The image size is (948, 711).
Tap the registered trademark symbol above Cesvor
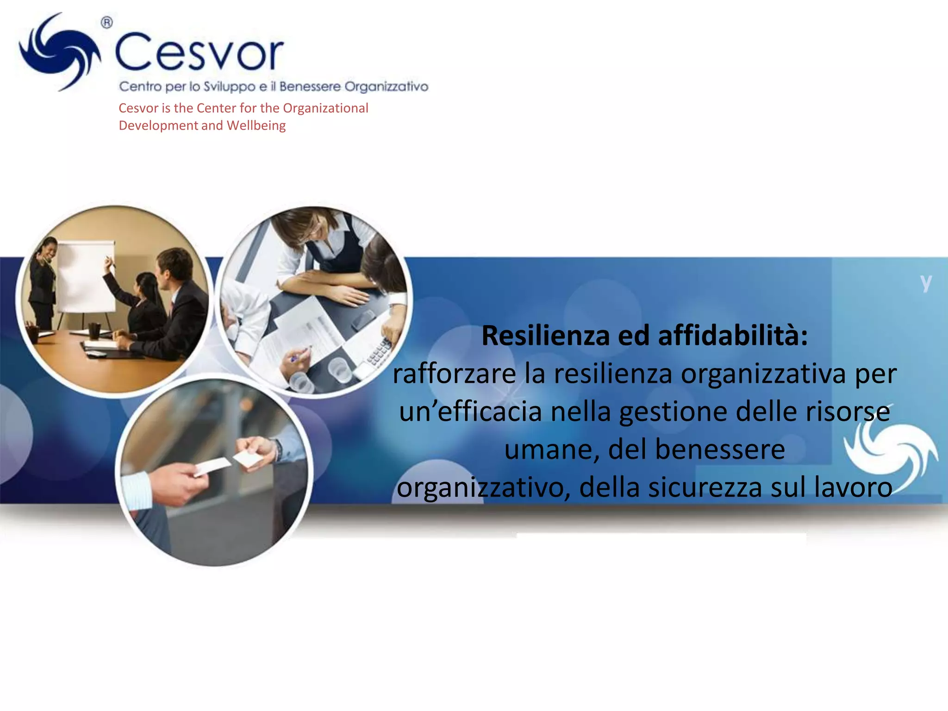106,22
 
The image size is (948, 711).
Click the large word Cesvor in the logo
199,52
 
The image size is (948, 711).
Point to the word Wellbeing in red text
256,125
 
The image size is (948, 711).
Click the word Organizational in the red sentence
325,108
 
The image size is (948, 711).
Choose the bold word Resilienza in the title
545,336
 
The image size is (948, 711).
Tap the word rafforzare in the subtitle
454,374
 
